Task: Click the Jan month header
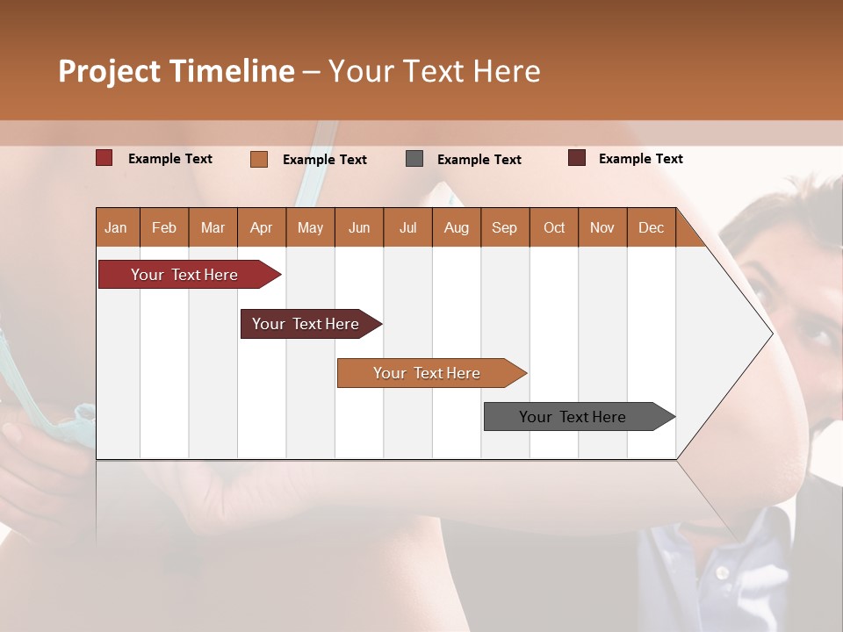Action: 116,227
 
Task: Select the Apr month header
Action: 261,227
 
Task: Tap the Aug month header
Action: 456,227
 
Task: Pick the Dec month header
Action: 651,227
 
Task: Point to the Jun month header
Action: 358,227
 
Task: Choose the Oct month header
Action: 553,227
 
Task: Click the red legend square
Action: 104,158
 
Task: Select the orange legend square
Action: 258,159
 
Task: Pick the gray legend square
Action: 414,159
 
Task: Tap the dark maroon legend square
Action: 576,158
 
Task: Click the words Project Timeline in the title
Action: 176,71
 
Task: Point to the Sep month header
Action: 504,227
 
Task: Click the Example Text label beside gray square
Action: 479,160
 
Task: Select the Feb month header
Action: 163,227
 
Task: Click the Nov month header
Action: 602,227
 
